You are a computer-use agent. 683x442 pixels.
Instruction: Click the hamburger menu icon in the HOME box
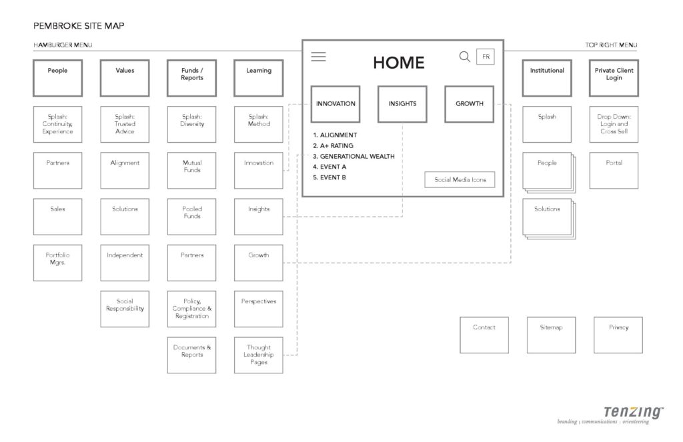coord(318,57)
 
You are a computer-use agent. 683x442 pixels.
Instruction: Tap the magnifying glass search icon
coord(465,57)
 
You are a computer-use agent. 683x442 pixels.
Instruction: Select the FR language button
coord(486,57)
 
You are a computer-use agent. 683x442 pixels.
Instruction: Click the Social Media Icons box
coord(460,179)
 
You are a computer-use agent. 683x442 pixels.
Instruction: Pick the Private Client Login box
coord(614,78)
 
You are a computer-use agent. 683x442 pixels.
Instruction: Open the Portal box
coord(614,170)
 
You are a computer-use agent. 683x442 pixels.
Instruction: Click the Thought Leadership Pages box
coord(259,355)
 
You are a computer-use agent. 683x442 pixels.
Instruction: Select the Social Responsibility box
coord(125,309)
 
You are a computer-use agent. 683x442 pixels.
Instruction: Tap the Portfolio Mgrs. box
coord(58,263)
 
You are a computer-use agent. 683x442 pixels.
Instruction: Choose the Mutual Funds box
coord(191,170)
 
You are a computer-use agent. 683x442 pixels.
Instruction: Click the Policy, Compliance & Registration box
coord(191,309)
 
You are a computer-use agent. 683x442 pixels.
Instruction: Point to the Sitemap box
coord(551,335)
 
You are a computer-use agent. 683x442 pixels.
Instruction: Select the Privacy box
coord(618,335)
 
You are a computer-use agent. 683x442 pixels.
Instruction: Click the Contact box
coord(484,335)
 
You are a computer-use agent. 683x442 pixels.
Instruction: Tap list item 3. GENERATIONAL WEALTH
coord(354,156)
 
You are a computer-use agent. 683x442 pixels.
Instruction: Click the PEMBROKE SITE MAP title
coord(79,26)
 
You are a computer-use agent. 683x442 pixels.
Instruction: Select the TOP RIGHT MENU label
coord(611,45)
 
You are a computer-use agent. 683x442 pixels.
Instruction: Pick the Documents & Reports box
coord(191,355)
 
